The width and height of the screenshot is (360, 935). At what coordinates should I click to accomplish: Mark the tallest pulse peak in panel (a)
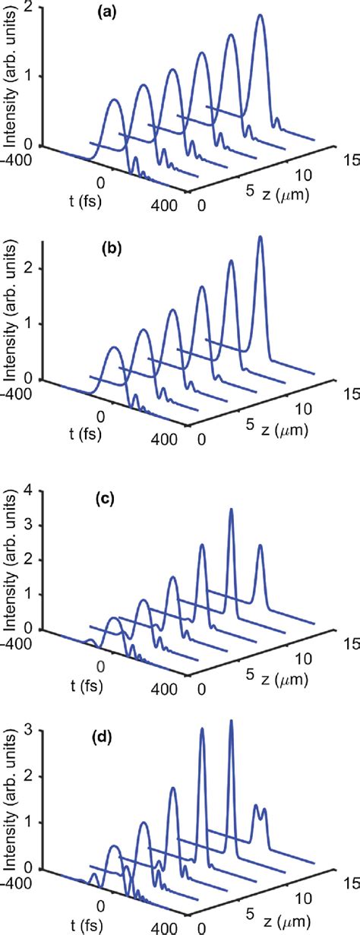click(261, 15)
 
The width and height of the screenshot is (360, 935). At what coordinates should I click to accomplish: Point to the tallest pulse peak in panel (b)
click(261, 238)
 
